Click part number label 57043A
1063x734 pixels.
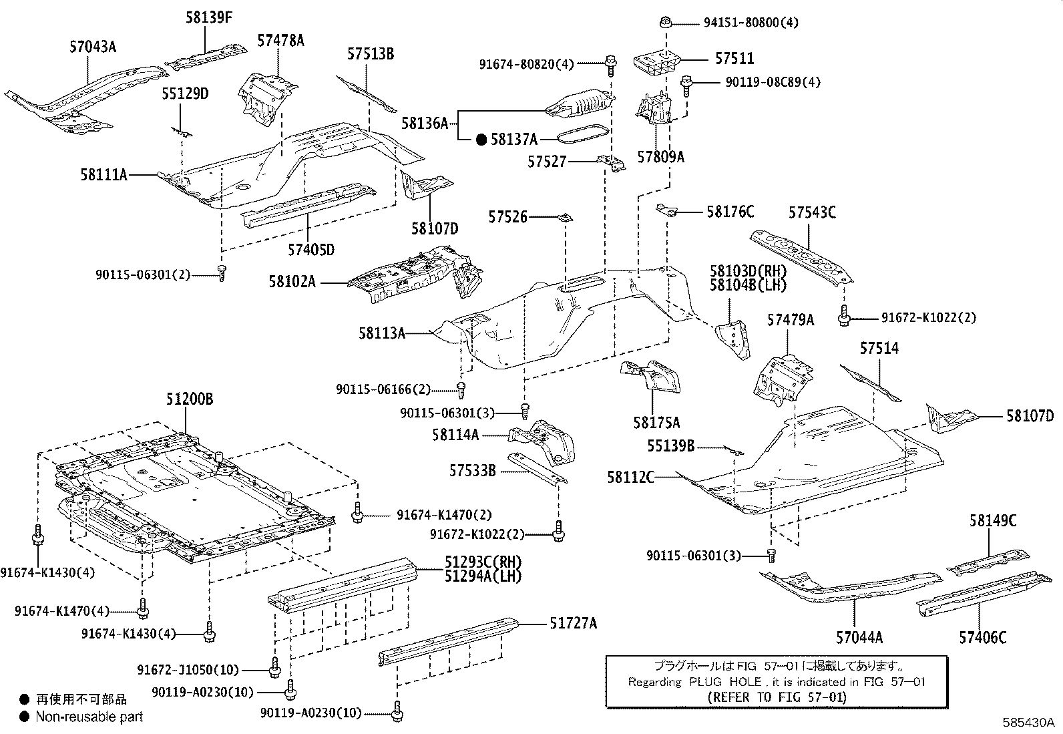(93, 47)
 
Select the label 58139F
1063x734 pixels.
(209, 18)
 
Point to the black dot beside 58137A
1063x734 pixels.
(481, 140)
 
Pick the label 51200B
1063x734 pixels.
(190, 399)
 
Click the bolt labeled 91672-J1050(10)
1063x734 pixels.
(274, 666)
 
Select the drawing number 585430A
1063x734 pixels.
(1028, 723)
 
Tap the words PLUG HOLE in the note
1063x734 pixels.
(722, 682)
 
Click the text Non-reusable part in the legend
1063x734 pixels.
(89, 717)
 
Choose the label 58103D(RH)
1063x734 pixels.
(747, 271)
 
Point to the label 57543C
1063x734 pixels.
(811, 212)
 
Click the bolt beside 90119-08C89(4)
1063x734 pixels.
(686, 83)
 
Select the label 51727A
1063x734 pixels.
(573, 624)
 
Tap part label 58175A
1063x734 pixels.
(656, 423)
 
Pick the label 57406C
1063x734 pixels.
(982, 638)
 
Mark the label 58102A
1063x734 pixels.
(292, 282)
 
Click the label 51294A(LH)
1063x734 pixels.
(483, 576)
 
